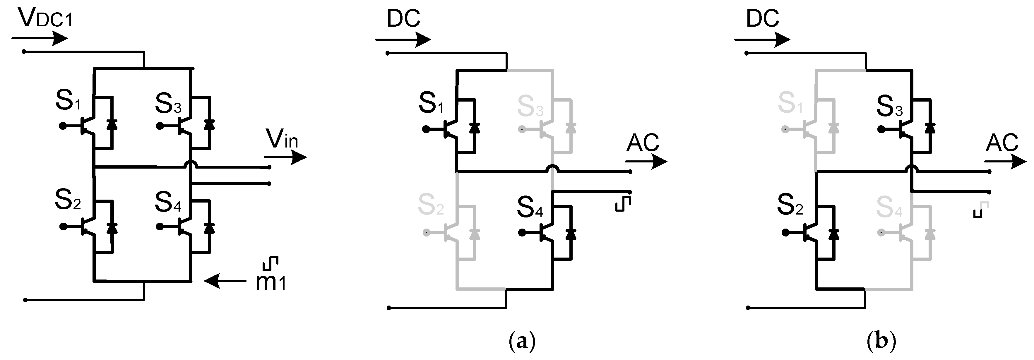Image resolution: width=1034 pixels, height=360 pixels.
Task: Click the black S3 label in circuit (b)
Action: (889, 106)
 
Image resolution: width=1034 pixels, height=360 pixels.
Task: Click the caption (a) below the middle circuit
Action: (522, 342)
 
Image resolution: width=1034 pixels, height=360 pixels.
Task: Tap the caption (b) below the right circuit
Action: (881, 342)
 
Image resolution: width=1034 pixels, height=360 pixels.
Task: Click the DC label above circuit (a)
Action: (403, 18)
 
